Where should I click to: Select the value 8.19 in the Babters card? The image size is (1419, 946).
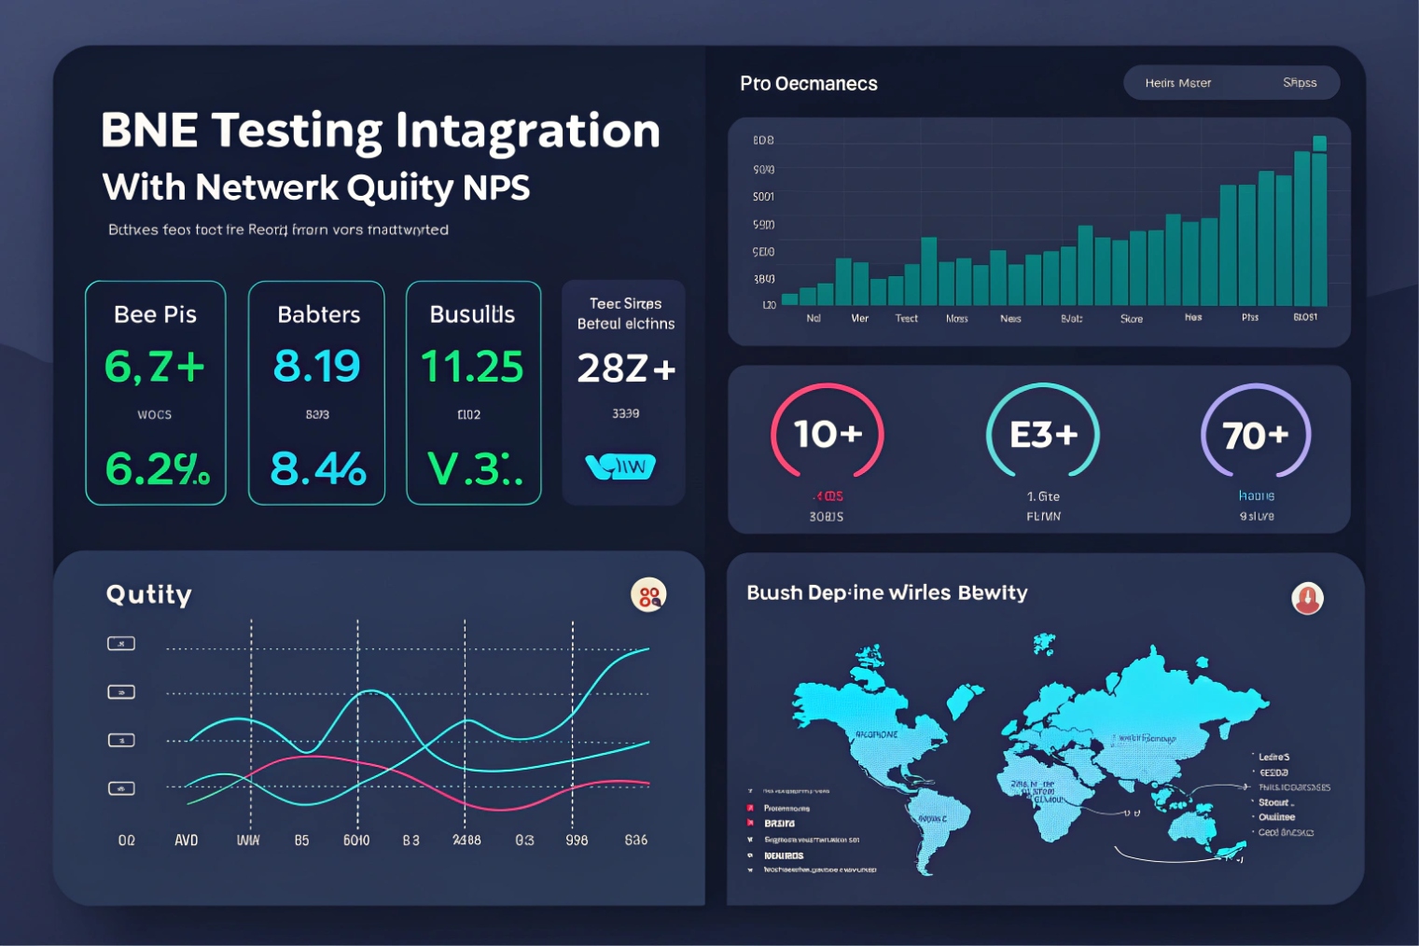pos(316,367)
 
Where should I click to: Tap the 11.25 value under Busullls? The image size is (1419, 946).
pos(472,367)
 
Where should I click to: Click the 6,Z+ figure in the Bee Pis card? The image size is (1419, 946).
pos(154,367)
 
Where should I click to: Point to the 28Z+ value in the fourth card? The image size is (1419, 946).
pos(625,369)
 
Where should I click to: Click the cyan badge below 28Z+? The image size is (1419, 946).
pos(620,466)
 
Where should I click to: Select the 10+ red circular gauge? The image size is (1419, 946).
pos(827,435)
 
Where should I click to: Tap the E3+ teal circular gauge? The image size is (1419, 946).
pos(1043,435)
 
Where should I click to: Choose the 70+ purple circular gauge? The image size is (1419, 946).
pos(1256,436)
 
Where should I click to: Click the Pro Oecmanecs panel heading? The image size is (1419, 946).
pos(808,84)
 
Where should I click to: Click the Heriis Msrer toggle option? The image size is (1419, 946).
pos(1177,83)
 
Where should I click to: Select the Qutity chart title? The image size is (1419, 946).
pos(148,594)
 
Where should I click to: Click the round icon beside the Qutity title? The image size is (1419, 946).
pos(648,595)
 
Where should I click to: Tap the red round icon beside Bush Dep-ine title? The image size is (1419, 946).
pos(1307,598)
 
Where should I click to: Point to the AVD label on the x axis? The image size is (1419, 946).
pos(187,841)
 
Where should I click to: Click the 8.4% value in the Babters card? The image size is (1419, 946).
pos(317,469)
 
